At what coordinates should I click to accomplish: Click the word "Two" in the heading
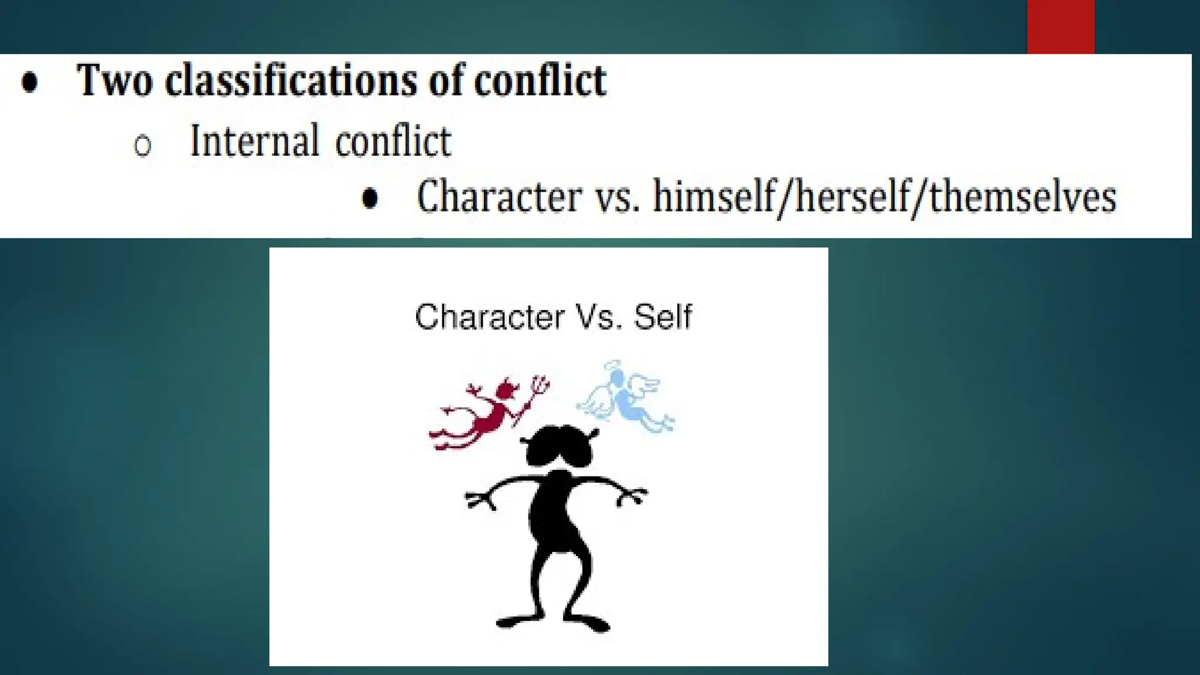[115, 80]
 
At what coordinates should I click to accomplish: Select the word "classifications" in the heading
[291, 80]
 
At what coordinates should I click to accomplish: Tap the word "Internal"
[254, 141]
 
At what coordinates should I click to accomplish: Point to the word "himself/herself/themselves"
[885, 196]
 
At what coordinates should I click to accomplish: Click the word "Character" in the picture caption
[489, 317]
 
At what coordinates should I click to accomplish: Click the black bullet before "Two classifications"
[29, 82]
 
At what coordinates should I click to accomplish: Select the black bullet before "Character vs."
[370, 198]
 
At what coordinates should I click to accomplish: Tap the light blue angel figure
[627, 398]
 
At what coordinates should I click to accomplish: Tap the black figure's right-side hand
[633, 497]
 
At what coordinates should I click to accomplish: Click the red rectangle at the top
[1061, 26]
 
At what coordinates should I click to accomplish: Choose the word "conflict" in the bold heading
[540, 80]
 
